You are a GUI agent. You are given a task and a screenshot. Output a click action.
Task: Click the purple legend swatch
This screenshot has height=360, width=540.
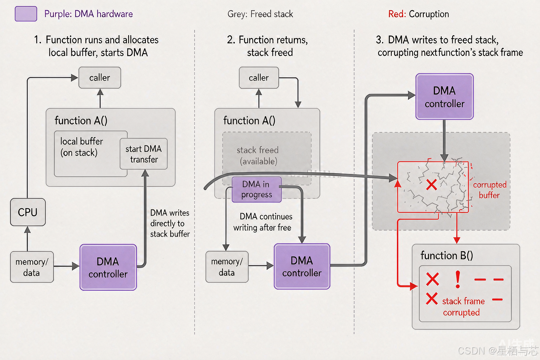point(26,14)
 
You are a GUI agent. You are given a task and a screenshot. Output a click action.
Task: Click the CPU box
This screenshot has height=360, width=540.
point(28,212)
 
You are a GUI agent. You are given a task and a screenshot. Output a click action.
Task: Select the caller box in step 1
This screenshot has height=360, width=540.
point(99,78)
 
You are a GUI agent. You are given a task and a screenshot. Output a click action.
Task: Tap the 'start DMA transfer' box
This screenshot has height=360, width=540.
point(144,154)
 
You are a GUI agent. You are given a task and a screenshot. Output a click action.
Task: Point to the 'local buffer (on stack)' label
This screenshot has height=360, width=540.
point(82,147)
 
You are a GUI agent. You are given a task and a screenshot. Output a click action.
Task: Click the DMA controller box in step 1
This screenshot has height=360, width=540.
point(108,268)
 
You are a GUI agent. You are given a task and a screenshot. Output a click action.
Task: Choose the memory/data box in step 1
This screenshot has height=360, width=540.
point(32,267)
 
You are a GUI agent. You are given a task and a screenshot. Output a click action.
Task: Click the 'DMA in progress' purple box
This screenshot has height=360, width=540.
point(257,189)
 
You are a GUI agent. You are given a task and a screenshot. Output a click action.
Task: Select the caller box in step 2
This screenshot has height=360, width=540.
point(259,78)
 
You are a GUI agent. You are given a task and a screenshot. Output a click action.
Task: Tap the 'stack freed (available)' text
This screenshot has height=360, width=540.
point(258,155)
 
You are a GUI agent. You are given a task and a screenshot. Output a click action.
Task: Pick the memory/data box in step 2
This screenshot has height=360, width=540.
point(227,267)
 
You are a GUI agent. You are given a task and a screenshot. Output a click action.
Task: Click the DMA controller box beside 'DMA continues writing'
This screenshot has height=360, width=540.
point(302,266)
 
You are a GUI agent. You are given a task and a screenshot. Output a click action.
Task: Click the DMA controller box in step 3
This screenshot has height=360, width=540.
point(444,97)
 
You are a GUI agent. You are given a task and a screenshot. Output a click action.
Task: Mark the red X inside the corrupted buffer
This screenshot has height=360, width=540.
point(431,185)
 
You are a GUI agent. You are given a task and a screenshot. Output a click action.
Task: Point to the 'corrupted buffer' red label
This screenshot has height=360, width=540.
point(490,190)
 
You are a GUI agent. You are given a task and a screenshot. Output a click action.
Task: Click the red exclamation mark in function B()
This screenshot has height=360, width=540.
point(458,279)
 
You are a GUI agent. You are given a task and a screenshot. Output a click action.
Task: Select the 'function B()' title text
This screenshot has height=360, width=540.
point(447,255)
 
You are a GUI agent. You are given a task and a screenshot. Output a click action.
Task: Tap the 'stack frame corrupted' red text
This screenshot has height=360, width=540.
point(463,307)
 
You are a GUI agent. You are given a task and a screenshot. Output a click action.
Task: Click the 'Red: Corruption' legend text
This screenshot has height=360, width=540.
point(418,14)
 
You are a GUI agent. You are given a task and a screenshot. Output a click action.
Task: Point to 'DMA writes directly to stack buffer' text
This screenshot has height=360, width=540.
point(170,223)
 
